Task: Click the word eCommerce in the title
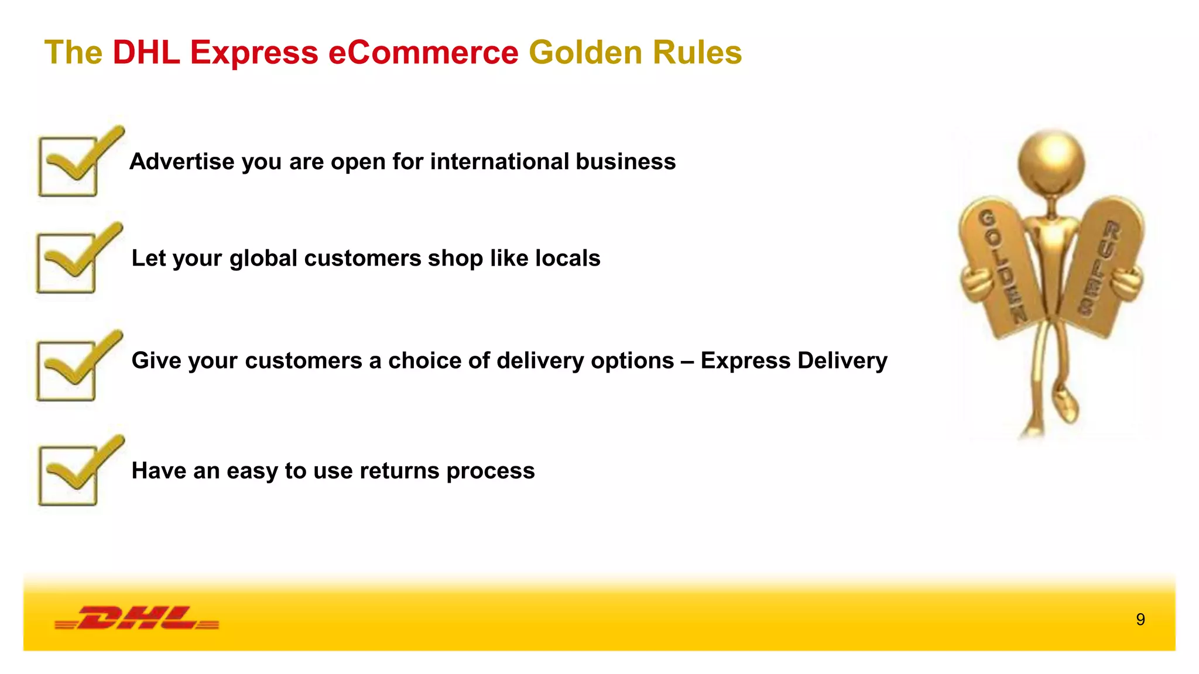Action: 423,53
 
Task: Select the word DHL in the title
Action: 146,53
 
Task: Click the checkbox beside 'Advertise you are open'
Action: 68,167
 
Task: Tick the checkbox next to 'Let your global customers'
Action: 66,263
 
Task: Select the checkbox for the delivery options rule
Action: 66,371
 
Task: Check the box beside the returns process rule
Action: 68,476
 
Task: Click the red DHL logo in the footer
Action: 137,618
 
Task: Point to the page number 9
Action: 1140,620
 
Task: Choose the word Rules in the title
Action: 697,53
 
